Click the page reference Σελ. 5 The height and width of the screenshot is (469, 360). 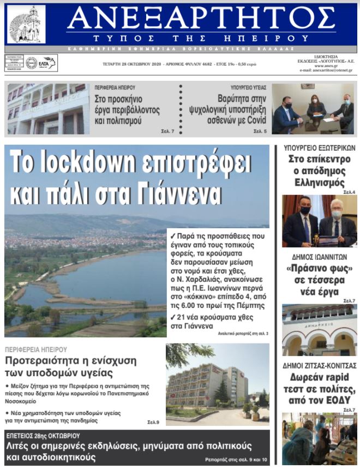[x=260, y=132]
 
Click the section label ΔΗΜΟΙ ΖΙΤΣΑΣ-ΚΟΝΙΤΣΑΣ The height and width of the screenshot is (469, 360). [x=320, y=365]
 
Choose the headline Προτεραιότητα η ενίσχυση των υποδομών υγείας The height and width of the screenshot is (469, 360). [x=71, y=367]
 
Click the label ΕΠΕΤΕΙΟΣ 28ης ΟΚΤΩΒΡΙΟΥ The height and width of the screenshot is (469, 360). [x=43, y=436]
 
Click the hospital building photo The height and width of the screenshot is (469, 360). [x=217, y=384]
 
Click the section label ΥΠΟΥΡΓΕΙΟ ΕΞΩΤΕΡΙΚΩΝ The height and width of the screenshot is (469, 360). [x=320, y=148]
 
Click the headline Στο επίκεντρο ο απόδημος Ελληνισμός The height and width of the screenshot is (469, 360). [x=320, y=171]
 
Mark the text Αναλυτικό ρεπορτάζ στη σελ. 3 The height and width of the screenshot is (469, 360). [x=243, y=333]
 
